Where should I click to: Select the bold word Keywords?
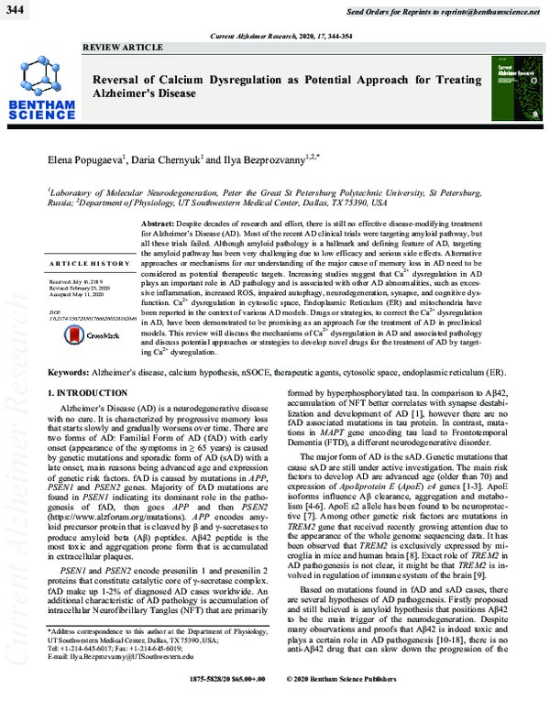pyautogui.click(x=74, y=375)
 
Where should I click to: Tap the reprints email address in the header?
pyautogui.click(x=491, y=9)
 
